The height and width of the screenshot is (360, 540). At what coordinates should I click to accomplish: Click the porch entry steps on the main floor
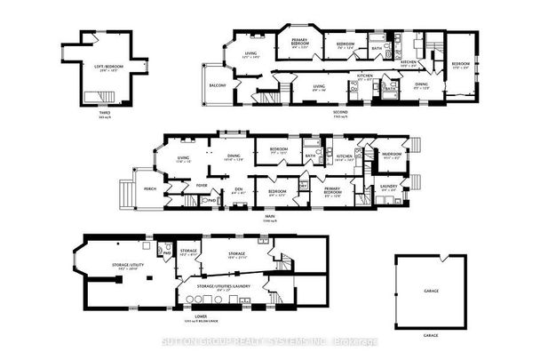[x=128, y=191]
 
